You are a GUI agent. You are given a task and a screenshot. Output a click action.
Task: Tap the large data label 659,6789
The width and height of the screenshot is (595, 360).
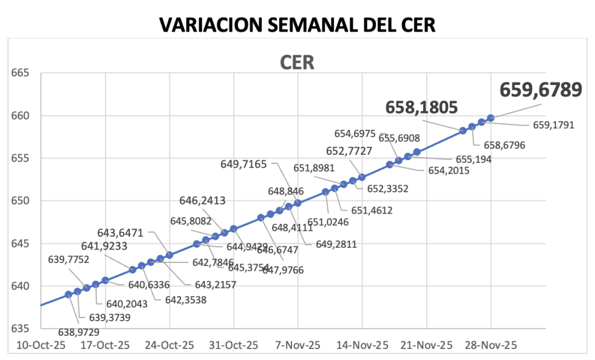[540, 90]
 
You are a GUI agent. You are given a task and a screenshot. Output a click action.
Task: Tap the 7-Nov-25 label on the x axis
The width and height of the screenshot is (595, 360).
[297, 345]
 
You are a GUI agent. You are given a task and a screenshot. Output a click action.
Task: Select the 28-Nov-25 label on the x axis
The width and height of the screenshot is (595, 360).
[491, 345]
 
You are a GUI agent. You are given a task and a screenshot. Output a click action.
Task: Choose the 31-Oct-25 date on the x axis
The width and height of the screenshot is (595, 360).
[233, 345]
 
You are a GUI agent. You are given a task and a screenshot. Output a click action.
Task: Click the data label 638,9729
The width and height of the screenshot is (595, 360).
[79, 331]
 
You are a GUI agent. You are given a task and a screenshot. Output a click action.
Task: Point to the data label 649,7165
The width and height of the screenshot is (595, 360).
[243, 164]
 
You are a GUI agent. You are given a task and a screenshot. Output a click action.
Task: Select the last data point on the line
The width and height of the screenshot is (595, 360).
[491, 117]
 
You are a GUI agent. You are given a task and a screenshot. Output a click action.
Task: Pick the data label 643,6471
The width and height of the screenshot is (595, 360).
[124, 232]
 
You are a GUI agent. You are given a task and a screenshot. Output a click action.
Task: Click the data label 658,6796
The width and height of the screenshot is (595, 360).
[504, 145]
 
